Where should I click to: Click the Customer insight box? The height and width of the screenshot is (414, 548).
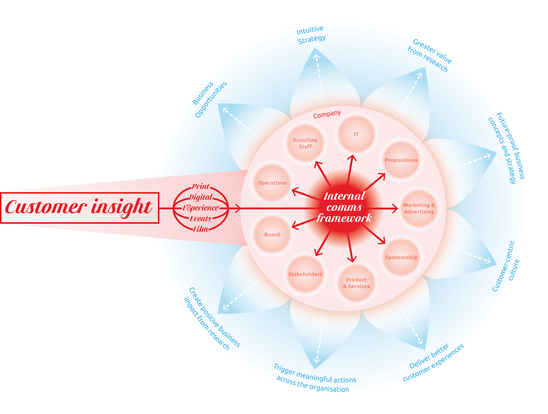tap(79, 208)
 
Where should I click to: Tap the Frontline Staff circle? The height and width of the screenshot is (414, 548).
tap(305, 143)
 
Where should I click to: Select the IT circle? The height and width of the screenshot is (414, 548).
tap(356, 134)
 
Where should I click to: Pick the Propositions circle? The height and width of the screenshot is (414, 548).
tap(401, 160)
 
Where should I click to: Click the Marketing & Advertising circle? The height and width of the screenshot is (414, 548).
tap(419, 208)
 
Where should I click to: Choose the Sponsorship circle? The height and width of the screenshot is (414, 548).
tap(401, 257)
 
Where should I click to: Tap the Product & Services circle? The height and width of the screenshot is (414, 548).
tap(356, 283)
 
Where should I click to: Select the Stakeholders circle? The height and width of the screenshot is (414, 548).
tap(305, 274)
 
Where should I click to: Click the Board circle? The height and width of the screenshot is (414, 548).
tap(272, 235)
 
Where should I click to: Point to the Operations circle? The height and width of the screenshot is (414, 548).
tap(272, 183)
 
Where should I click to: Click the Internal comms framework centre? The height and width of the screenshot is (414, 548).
tap(344, 207)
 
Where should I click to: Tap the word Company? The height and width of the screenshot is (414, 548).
tap(327, 114)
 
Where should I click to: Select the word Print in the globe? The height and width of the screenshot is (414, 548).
tap(200, 186)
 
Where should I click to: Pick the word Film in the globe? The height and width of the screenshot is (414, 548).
tap(200, 229)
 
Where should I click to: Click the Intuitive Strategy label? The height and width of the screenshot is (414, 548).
tap(311, 35)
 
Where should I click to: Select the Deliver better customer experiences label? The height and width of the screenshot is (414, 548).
tap(433, 362)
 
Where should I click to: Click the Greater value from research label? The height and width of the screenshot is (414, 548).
tap(429, 55)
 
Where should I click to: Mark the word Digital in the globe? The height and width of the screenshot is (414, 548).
tap(201, 197)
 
